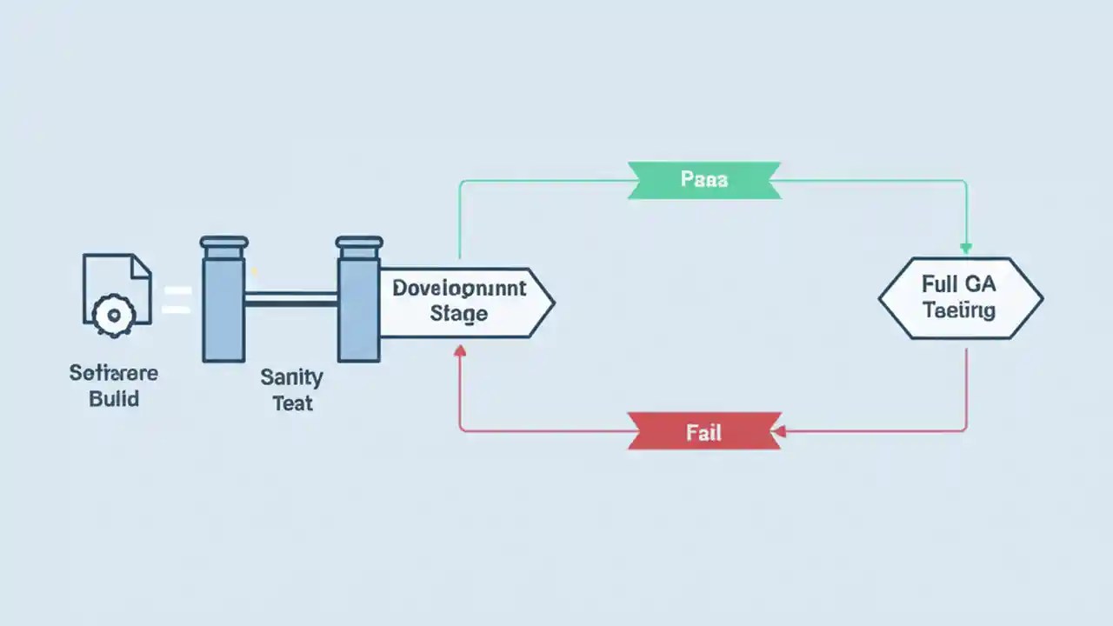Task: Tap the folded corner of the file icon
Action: (x=141, y=265)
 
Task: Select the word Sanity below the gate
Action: (x=291, y=378)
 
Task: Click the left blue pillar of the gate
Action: (x=223, y=309)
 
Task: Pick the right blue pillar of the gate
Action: (x=358, y=309)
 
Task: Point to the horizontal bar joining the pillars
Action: (x=290, y=299)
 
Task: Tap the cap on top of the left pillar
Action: (x=223, y=243)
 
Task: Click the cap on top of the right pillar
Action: (x=359, y=243)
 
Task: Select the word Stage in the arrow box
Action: (x=458, y=314)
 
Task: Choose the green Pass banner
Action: (x=704, y=180)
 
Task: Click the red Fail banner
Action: (x=704, y=431)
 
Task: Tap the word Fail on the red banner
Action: (x=703, y=432)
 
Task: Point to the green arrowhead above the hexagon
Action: (x=965, y=249)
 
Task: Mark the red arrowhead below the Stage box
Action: (x=460, y=350)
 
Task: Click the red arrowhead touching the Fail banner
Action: (x=779, y=431)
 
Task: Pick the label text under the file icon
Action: (x=114, y=387)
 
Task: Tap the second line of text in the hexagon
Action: (x=959, y=310)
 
